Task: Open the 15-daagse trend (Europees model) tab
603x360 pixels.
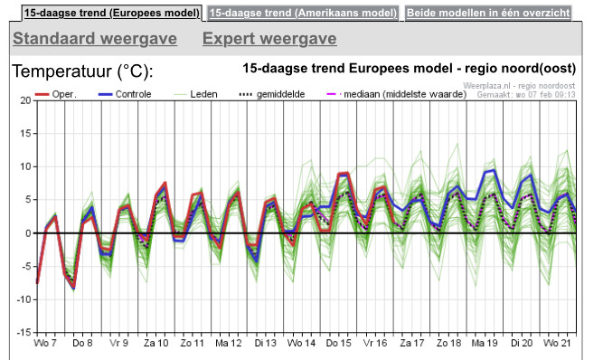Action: tap(112, 13)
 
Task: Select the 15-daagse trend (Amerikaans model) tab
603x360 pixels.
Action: tap(303, 13)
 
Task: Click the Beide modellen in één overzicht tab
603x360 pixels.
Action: tap(488, 13)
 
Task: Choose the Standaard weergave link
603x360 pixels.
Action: tap(95, 39)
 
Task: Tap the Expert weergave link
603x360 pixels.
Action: tap(269, 39)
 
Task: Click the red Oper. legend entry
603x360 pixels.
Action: tap(56, 94)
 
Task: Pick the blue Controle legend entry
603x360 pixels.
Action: tap(125, 94)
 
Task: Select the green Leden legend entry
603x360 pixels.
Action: tap(196, 94)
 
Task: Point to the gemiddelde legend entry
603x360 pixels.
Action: tap(272, 94)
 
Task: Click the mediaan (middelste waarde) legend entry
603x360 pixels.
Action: tap(396, 94)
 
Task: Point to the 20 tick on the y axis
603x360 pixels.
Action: tap(26, 100)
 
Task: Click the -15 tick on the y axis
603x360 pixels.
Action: tap(24, 332)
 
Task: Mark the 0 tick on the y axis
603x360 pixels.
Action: tap(28, 233)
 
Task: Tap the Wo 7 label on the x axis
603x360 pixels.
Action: tap(45, 343)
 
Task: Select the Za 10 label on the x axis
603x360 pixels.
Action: tap(156, 343)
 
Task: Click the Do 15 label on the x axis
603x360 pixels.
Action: tap(339, 343)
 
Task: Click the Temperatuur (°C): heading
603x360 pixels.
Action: tap(82, 71)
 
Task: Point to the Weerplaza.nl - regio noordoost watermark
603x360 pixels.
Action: tap(519, 86)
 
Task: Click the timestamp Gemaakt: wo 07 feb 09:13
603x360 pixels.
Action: tap(526, 95)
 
